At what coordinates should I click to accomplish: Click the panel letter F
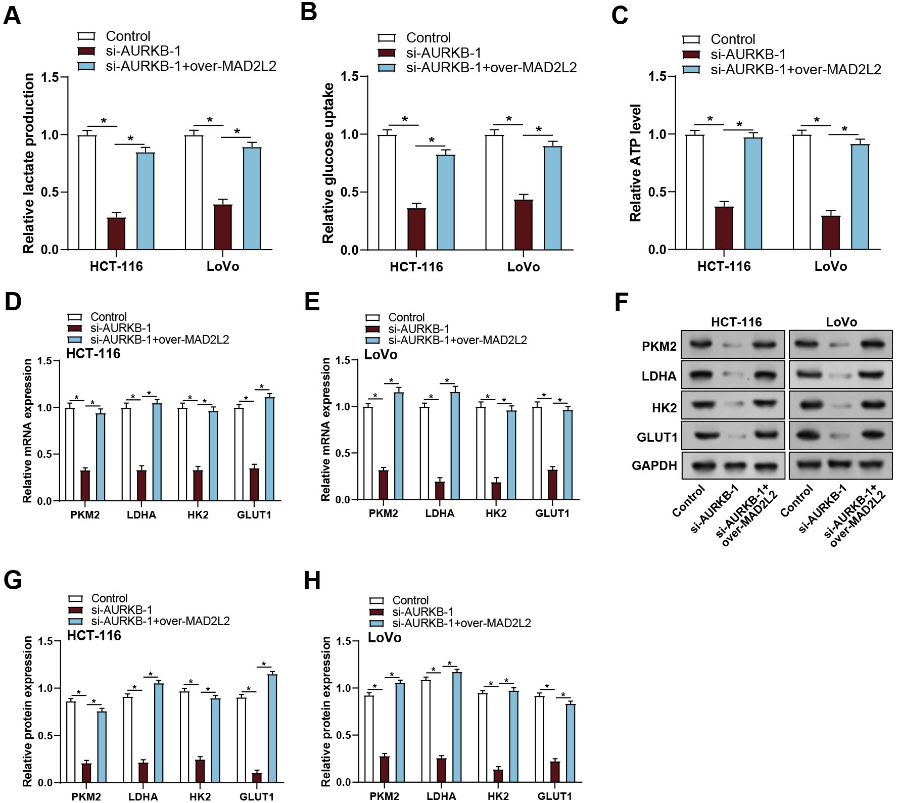(x=621, y=302)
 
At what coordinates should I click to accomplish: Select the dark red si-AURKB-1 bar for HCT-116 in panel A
(x=116, y=233)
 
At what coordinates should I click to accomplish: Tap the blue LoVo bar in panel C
(x=860, y=197)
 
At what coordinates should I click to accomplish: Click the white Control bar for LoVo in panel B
(x=494, y=192)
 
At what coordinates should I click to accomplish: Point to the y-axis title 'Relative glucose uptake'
(x=328, y=163)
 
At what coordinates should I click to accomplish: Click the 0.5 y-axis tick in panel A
(x=50, y=192)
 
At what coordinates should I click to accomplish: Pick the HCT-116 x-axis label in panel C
(x=724, y=266)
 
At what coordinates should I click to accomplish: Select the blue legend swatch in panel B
(x=387, y=68)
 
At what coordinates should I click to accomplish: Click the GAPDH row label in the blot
(x=654, y=465)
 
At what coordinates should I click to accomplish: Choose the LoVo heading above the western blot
(x=841, y=322)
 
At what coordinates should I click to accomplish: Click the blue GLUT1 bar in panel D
(x=269, y=449)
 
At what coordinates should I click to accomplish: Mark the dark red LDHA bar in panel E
(x=440, y=490)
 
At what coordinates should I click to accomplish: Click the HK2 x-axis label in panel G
(x=200, y=796)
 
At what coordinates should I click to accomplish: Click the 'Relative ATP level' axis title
(x=635, y=163)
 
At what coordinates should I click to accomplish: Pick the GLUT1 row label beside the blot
(x=656, y=437)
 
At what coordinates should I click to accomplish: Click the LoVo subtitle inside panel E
(x=381, y=355)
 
